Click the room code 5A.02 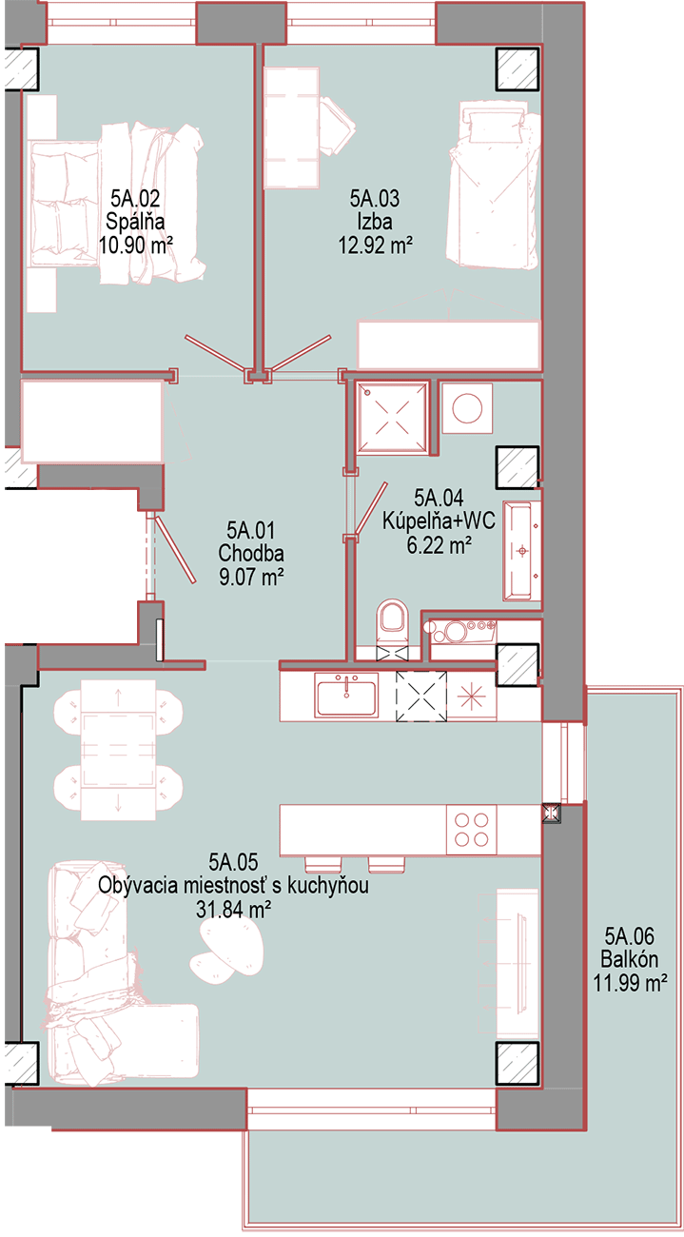point(135,198)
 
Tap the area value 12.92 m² point(376,245)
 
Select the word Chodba point(251,554)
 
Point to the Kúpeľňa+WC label point(439,520)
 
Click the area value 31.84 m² point(233,909)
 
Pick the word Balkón point(630,959)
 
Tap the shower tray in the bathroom point(392,417)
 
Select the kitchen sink point(346,696)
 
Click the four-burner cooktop point(472,830)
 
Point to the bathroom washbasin point(521,551)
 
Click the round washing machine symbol point(467,408)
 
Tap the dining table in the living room point(118,750)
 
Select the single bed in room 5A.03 point(493,185)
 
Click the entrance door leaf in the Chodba point(174,549)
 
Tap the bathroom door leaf point(372,509)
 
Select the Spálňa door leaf point(216,354)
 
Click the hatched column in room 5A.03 point(517,69)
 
